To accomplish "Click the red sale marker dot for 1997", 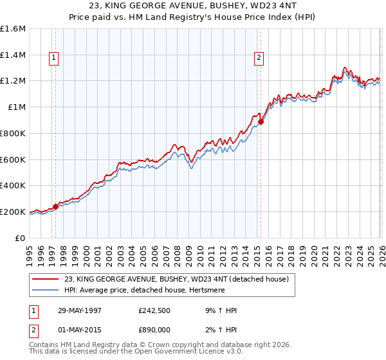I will tap(56, 206).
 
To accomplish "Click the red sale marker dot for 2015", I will tap(261, 122).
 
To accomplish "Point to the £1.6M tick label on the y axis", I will tap(14, 29).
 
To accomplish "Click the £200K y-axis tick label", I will tap(14, 212).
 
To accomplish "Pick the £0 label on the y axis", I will tap(21, 238).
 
